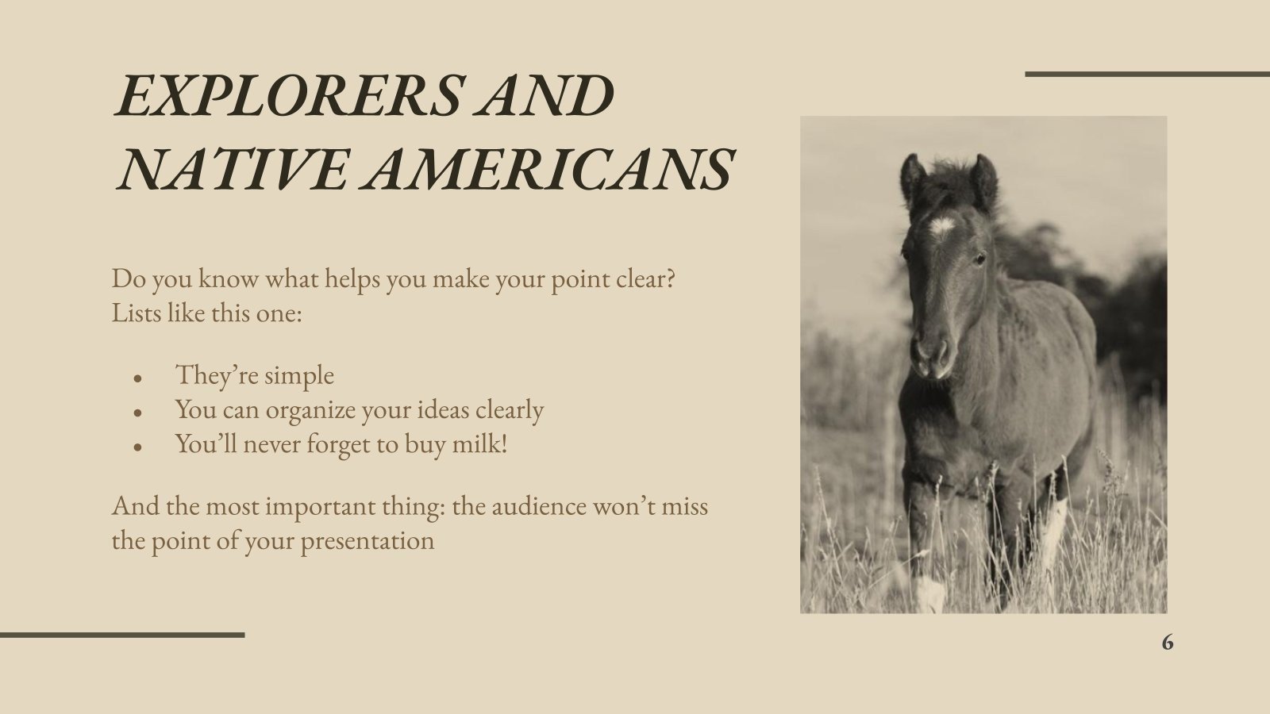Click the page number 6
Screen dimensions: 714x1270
click(x=1167, y=643)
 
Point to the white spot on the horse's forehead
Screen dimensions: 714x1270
click(x=942, y=228)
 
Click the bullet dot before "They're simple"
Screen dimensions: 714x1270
click(x=137, y=379)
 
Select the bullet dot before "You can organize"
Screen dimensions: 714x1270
click(x=137, y=413)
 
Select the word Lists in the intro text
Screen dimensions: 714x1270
click(x=136, y=313)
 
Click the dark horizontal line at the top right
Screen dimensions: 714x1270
click(x=1147, y=75)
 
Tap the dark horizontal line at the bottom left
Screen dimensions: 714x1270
click(x=122, y=635)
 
